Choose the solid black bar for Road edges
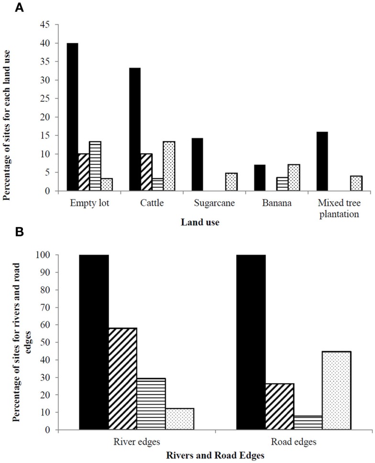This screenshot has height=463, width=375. [x=251, y=342]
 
